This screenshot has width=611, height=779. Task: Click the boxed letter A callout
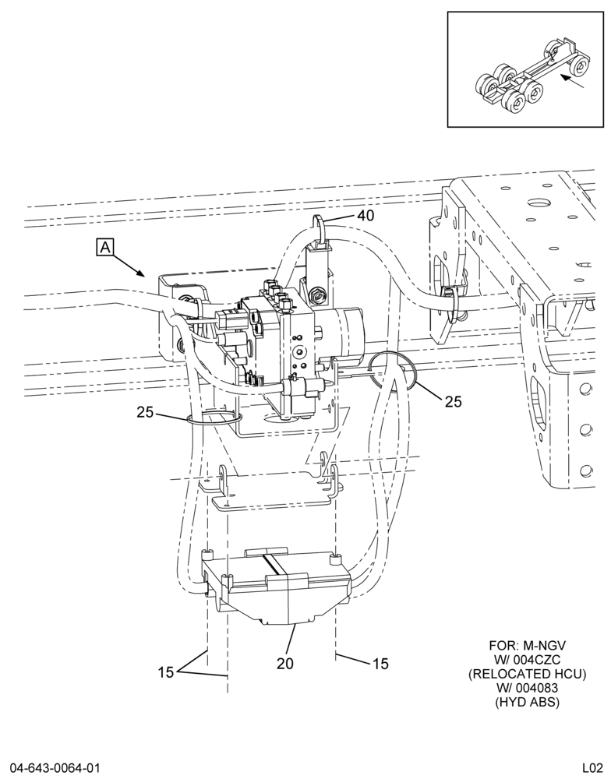pos(105,247)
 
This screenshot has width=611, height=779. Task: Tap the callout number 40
pos(366,216)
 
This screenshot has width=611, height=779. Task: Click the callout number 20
pos(285,663)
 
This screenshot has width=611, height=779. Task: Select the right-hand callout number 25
pos(453,401)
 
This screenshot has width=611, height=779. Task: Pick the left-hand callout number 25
pos(146,412)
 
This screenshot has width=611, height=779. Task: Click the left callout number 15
pos(166,672)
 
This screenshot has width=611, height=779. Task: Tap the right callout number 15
pos(380,663)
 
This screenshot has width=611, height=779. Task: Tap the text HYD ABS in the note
pos(527,702)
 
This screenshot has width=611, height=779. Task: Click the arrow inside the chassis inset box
pos(572,82)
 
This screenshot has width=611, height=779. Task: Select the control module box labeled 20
pos(276,587)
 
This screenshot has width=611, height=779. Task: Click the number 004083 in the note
pos(527,688)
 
